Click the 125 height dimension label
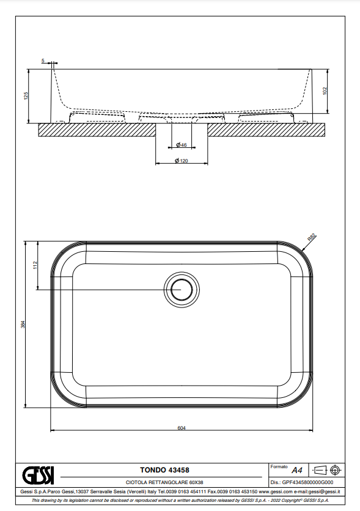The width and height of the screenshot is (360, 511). point(26,96)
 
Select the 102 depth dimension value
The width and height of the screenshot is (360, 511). point(325,91)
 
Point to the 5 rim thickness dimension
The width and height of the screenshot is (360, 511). point(43,61)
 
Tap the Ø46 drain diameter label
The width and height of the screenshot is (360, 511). point(182,145)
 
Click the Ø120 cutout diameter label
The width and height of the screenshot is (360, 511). point(182,161)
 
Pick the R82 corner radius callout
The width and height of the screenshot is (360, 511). point(312,237)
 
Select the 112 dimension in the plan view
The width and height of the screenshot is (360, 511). point(35,265)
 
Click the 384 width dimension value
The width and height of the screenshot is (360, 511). point(23,325)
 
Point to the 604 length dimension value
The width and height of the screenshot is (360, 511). point(182,428)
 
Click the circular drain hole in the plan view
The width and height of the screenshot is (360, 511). point(182,289)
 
